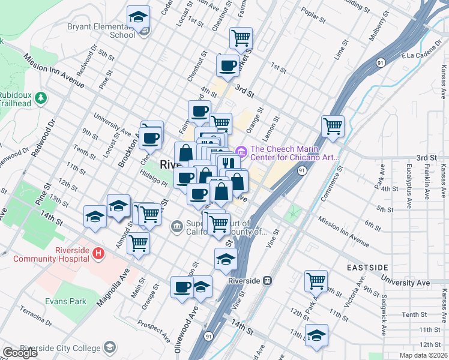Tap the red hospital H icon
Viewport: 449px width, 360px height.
[x=98, y=254]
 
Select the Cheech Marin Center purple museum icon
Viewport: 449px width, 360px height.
[x=242, y=150]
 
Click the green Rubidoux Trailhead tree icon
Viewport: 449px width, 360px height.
[x=40, y=97]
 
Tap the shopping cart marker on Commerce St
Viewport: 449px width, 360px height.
[x=333, y=126]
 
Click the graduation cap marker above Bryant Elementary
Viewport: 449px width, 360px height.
[x=139, y=18]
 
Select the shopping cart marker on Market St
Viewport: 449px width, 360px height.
[x=241, y=38]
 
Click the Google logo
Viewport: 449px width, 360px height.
[x=20, y=353]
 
